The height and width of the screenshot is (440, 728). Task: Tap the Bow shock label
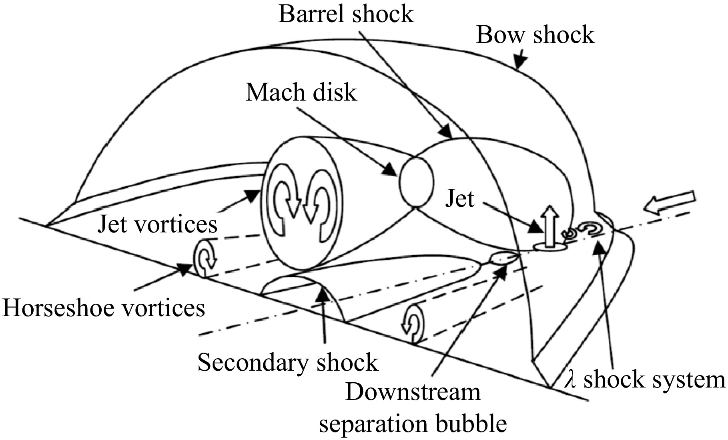click(x=535, y=35)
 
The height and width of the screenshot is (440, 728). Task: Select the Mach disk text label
click(x=301, y=92)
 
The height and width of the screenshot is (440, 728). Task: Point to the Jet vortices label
click(x=158, y=224)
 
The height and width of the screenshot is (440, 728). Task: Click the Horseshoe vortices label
click(x=104, y=308)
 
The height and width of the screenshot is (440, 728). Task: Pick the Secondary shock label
click(x=288, y=363)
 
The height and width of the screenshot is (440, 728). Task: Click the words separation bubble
click(x=413, y=424)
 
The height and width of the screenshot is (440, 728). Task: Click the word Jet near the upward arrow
click(x=460, y=198)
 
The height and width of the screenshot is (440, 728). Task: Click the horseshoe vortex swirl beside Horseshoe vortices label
click(x=205, y=258)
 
